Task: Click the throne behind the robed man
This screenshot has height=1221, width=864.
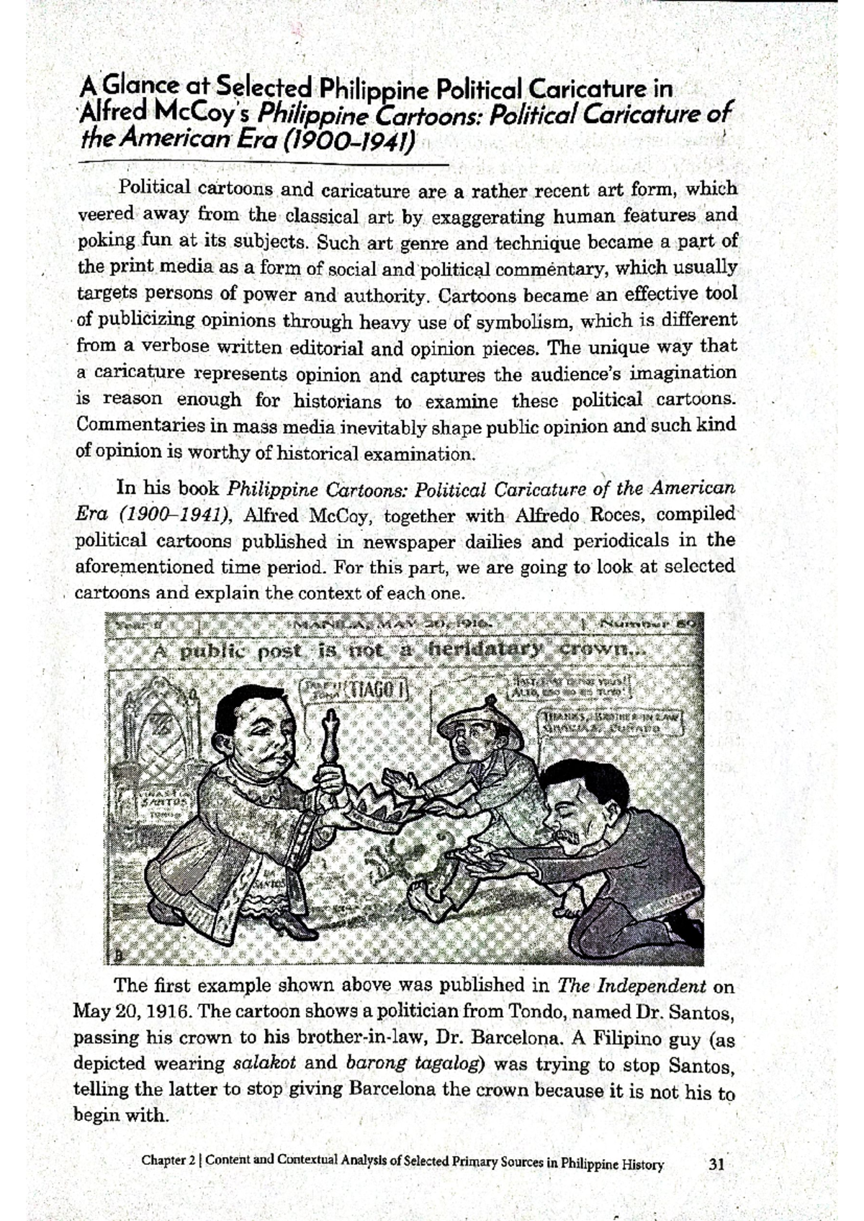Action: coord(154,749)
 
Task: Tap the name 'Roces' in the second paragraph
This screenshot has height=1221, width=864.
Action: coord(619,515)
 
